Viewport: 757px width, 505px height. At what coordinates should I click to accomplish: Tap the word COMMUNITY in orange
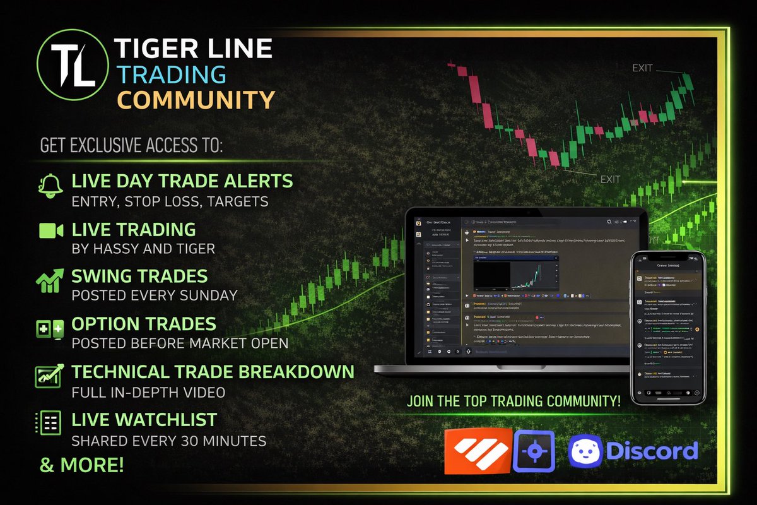pyautogui.click(x=197, y=100)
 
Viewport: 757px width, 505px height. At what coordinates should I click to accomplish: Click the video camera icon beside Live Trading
pyautogui.click(x=50, y=230)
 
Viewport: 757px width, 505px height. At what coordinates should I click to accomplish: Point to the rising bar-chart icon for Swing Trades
pyautogui.click(x=50, y=280)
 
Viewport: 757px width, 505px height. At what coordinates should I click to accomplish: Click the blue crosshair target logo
pyautogui.click(x=534, y=451)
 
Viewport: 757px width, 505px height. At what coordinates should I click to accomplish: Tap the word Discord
pyautogui.click(x=652, y=451)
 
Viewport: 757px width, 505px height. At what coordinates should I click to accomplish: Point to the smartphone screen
pyautogui.click(x=668, y=328)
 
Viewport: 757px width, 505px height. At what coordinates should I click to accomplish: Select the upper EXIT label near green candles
pyautogui.click(x=642, y=68)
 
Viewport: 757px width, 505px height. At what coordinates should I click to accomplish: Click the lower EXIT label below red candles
pyautogui.click(x=609, y=180)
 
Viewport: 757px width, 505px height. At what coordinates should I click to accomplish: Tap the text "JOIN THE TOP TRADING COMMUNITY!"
pyautogui.click(x=513, y=400)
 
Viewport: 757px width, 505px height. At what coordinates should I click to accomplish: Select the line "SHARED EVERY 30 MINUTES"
pyautogui.click(x=168, y=441)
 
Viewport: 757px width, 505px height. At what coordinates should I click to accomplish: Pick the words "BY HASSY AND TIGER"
pyautogui.click(x=143, y=249)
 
